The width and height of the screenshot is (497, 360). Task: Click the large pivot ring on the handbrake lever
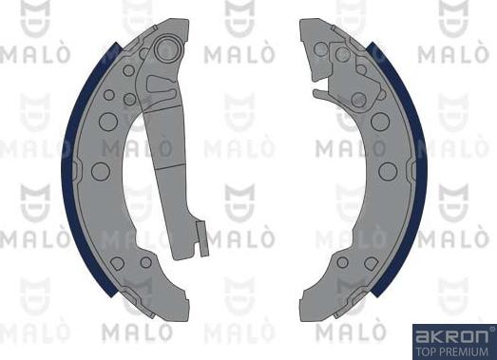point(168,47)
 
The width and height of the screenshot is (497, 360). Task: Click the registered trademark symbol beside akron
point(490,329)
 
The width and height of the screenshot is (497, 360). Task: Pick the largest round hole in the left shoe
point(101,171)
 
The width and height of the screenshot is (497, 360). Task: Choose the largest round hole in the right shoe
point(387,171)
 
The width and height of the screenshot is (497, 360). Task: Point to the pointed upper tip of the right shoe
point(306,24)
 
